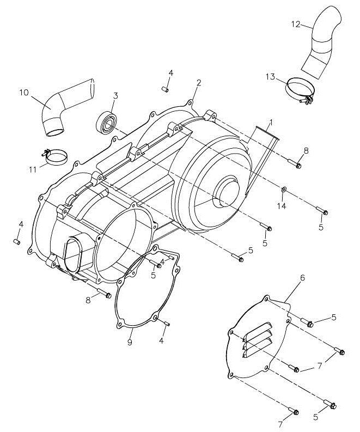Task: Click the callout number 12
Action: click(x=295, y=24)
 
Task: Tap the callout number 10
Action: click(x=24, y=92)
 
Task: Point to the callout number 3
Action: click(x=115, y=96)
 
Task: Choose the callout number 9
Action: click(x=130, y=342)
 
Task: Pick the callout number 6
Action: click(x=302, y=278)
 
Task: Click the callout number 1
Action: click(x=271, y=121)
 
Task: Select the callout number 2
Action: click(x=199, y=83)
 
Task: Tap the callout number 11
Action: click(x=33, y=169)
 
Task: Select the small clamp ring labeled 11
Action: click(x=56, y=158)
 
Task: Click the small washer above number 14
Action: click(x=284, y=190)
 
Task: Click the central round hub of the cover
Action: click(x=227, y=190)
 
